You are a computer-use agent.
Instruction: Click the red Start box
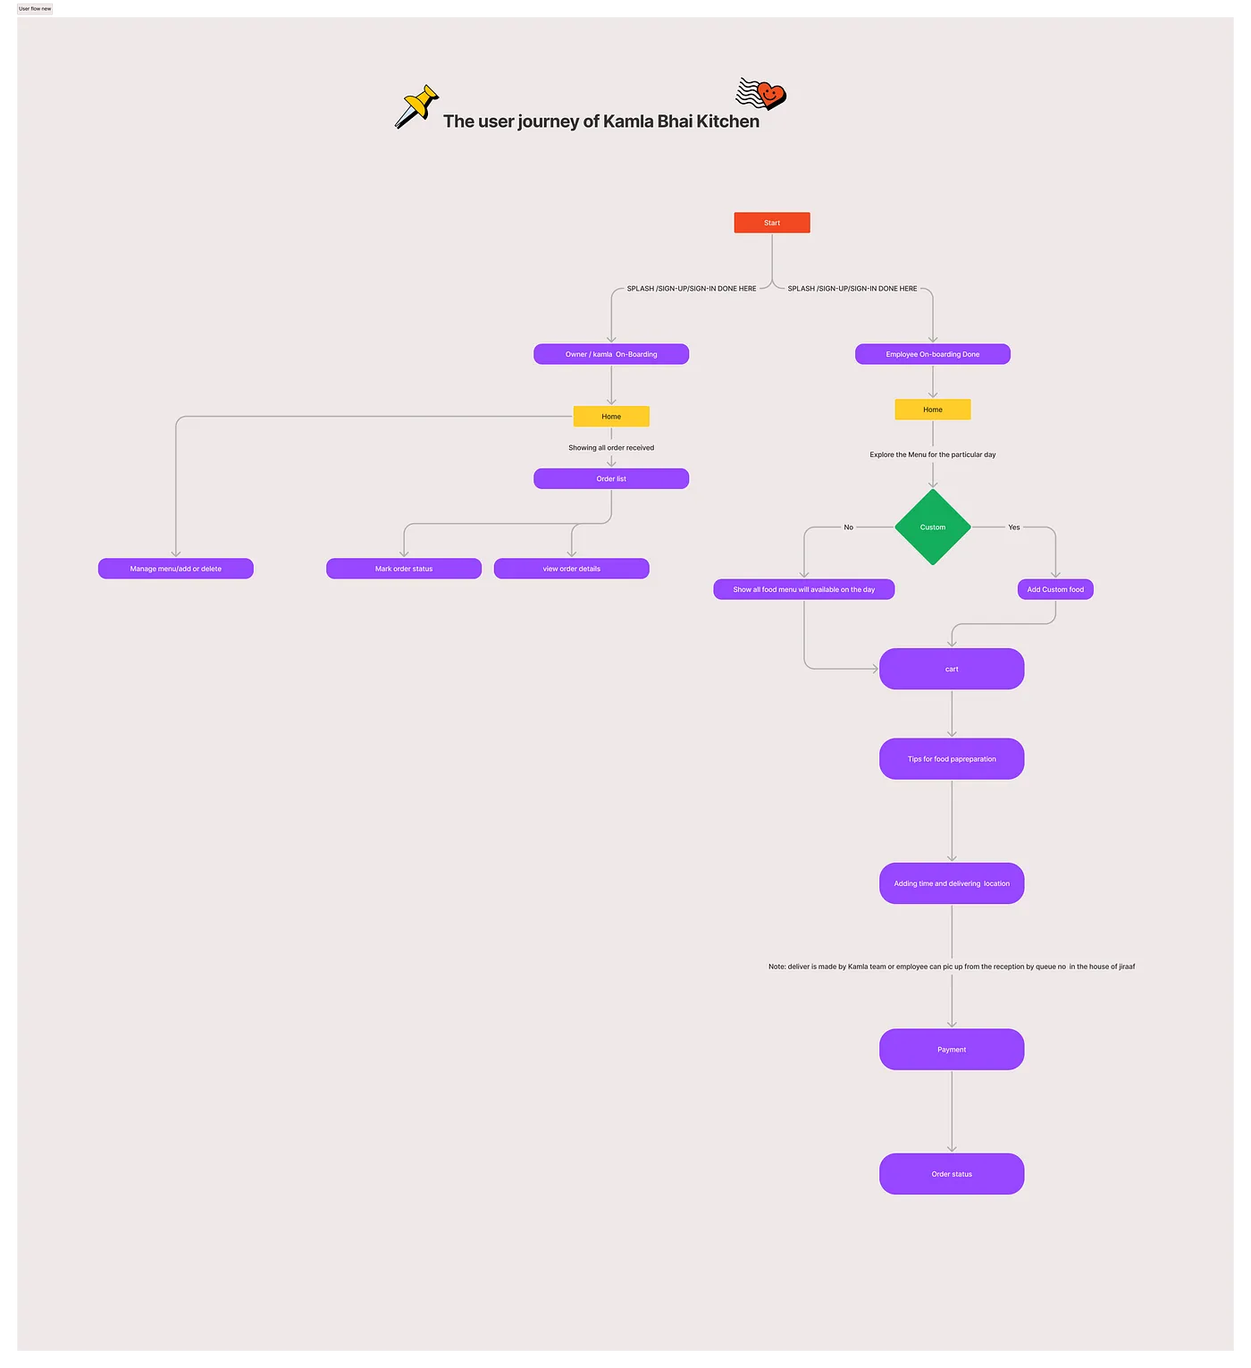[772, 223]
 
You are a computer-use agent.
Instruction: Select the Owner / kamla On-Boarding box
[611, 354]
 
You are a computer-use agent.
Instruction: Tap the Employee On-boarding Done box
[932, 354]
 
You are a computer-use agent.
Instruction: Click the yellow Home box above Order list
[611, 417]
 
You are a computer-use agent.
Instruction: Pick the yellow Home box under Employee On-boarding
[932, 410]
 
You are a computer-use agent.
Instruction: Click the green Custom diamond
[932, 528]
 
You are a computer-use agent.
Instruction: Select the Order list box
[611, 479]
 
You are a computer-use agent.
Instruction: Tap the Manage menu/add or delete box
[176, 569]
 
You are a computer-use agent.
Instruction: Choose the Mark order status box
[404, 569]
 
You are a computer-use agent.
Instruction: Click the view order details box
[572, 569]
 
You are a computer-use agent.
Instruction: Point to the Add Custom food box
[1055, 589]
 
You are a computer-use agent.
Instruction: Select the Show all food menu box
[804, 589]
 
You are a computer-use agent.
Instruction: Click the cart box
[952, 669]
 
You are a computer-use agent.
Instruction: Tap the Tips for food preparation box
[952, 759]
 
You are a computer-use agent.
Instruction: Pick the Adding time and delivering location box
[952, 883]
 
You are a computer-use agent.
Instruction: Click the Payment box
[952, 1050]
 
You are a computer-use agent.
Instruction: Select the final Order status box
[952, 1174]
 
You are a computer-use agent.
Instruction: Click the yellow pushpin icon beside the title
[416, 106]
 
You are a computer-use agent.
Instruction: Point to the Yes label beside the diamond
[1014, 528]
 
